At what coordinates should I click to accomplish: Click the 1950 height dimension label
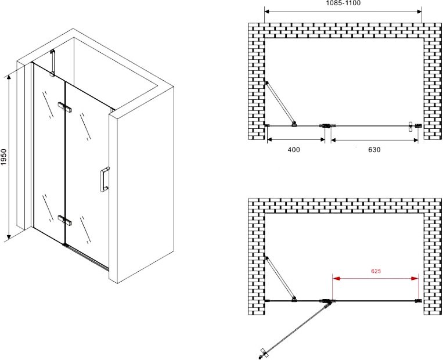pyautogui.click(x=3, y=157)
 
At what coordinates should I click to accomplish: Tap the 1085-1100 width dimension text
pyautogui.click(x=343, y=3)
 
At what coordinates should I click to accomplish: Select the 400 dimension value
pyautogui.click(x=294, y=149)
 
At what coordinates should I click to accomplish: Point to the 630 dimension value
pyautogui.click(x=374, y=149)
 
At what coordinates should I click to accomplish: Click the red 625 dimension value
pyautogui.click(x=376, y=271)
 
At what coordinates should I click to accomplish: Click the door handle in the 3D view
pyautogui.click(x=105, y=180)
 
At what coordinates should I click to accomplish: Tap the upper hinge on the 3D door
pyautogui.click(x=64, y=107)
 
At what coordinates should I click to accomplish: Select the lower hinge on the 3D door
pyautogui.click(x=64, y=221)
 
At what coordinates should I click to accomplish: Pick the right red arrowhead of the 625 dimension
pyautogui.click(x=415, y=279)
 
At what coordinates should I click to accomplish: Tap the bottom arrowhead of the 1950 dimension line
pyautogui.click(x=9, y=236)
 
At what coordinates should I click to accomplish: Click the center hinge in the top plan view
pyautogui.click(x=327, y=126)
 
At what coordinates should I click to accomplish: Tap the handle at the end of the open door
pyautogui.click(x=262, y=353)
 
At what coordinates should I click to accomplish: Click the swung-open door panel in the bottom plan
pyautogui.click(x=295, y=328)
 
